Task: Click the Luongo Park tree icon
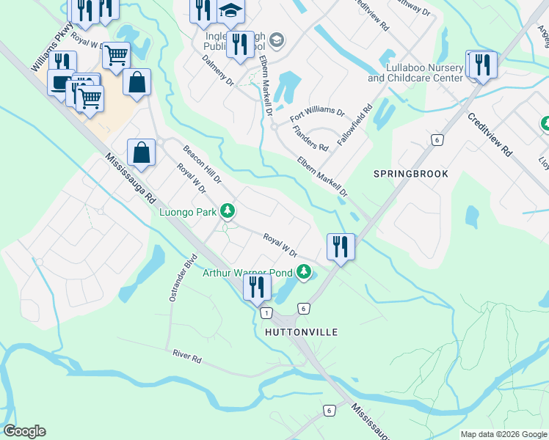click(228, 212)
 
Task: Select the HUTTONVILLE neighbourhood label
click(301, 332)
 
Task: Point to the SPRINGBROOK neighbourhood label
click(410, 174)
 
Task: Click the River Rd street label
click(187, 356)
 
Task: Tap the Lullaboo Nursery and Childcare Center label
click(415, 73)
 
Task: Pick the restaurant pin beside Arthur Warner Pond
click(257, 286)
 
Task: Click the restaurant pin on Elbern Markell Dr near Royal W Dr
click(341, 246)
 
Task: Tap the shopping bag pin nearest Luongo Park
click(142, 153)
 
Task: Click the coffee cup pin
click(60, 83)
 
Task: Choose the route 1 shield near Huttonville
click(264, 313)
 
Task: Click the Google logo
click(25, 431)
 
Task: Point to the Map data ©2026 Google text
click(503, 434)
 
